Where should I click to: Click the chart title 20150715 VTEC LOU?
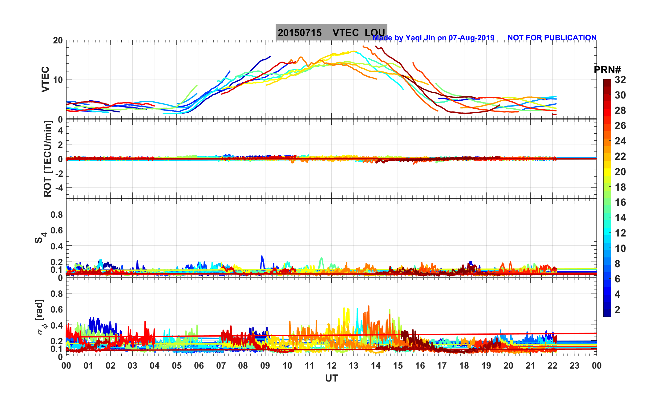(331, 32)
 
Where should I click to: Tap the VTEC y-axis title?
(45, 79)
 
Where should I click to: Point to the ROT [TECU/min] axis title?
(47, 159)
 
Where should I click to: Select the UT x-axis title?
(332, 378)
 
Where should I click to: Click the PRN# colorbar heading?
(607, 70)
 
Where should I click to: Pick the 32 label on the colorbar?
(620, 80)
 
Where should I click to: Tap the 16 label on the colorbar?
(620, 202)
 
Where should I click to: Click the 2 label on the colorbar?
(617, 309)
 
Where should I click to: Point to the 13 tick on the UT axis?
(354, 366)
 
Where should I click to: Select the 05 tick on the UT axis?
(177, 366)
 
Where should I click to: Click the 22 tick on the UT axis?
(552, 366)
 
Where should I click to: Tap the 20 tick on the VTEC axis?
(58, 41)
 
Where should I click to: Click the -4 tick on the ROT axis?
(58, 188)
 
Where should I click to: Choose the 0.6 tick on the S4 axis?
(57, 230)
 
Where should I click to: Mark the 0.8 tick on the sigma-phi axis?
(57, 294)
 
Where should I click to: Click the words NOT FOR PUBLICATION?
(552, 38)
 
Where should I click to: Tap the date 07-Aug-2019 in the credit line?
(471, 38)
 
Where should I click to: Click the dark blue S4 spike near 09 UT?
(262, 257)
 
